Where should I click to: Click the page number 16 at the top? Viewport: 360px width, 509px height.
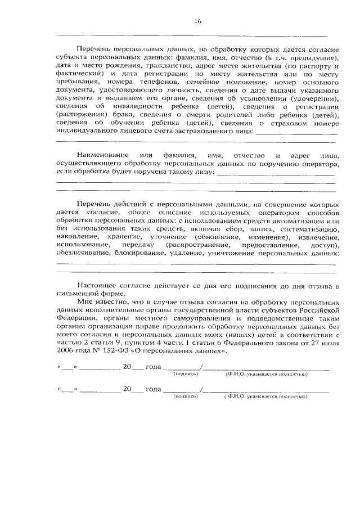pyautogui.click(x=197, y=21)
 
